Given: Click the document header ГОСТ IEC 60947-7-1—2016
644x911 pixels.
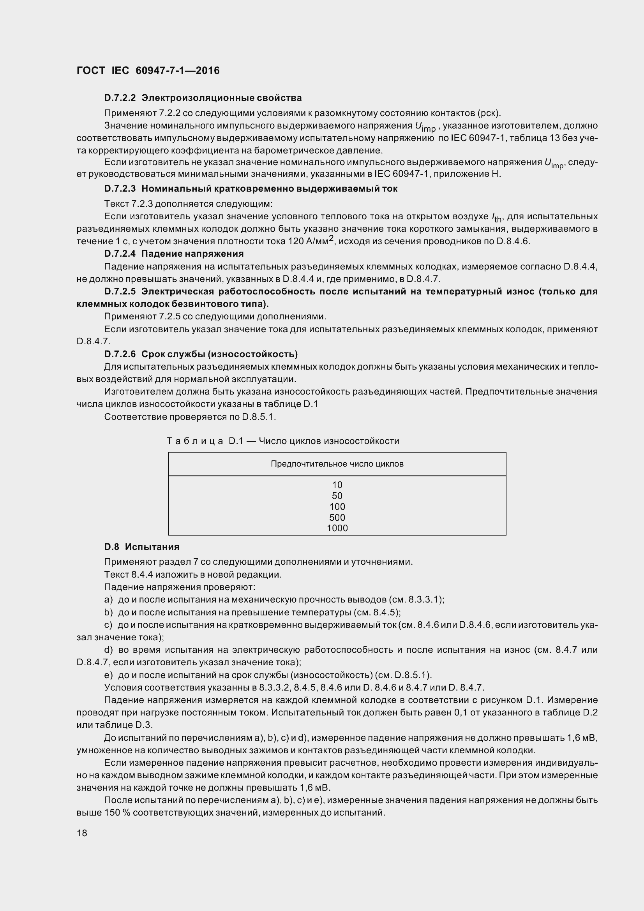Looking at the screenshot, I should point(148,70).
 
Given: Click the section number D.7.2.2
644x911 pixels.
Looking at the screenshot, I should point(120,98).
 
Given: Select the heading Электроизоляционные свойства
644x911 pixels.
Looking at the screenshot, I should point(221,98).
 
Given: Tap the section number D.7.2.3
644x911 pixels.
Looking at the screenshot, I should point(120,189).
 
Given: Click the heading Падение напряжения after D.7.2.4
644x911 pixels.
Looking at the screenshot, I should point(192,254).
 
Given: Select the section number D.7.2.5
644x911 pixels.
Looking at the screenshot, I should point(120,292).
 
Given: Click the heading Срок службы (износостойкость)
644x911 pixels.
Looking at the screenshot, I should point(219,354).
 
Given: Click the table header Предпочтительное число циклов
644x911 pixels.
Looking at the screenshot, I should point(337,464).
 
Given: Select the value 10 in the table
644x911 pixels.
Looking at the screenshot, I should point(337,485).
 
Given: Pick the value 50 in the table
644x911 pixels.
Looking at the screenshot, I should point(337,495).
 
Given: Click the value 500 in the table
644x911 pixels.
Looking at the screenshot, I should point(337,517).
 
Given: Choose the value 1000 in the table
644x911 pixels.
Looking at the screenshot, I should point(337,528).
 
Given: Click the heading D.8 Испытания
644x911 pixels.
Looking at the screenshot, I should point(142,547).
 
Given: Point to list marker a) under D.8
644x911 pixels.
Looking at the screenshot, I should point(108,599).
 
